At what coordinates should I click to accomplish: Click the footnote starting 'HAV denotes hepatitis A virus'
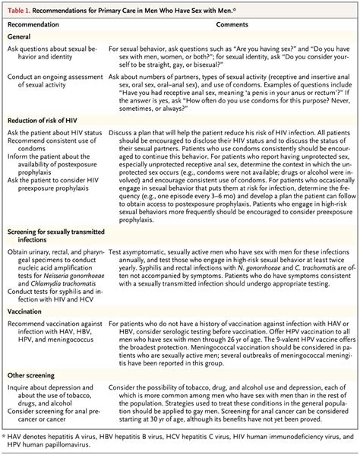tap(179, 441)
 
